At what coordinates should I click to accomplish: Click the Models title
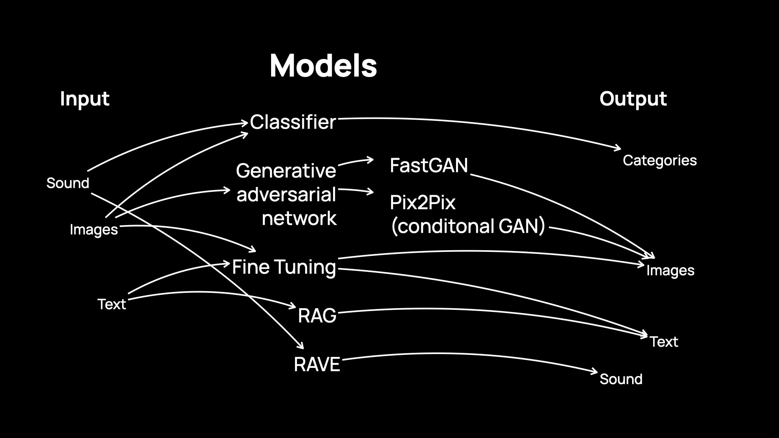323,66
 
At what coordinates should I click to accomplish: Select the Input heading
84,99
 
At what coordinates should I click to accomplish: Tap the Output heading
633,99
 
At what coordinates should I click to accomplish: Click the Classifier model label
293,122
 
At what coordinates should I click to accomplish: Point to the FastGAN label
429,165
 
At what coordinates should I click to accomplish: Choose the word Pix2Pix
422,202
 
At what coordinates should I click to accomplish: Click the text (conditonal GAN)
468,226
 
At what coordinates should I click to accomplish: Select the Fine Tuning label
284,267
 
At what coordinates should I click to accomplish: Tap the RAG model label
317,316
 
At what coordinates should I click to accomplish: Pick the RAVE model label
317,365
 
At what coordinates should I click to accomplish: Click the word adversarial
286,195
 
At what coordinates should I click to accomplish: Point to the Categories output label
660,161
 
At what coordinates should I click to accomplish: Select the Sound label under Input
68,183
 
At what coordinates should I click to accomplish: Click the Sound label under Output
621,379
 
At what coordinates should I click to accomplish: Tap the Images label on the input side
94,230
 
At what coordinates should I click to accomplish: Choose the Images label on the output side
670,271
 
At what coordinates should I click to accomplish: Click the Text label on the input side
112,304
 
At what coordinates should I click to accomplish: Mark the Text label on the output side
664,342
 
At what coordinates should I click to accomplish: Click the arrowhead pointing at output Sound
595,371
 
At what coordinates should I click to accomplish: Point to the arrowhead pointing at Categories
619,148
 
